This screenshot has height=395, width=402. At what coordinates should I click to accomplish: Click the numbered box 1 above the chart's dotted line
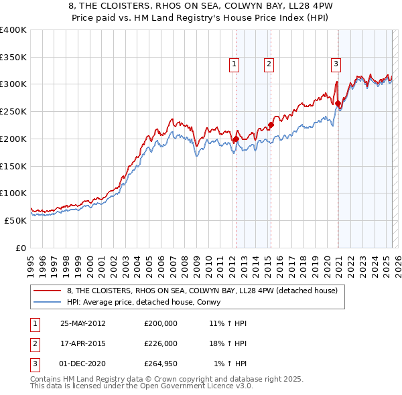click(x=234, y=64)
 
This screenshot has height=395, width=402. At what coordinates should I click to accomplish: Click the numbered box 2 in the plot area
click(x=269, y=64)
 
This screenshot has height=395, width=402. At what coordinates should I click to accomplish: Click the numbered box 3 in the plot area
click(x=336, y=64)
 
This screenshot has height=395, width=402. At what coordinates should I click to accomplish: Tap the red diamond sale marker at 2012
click(x=236, y=139)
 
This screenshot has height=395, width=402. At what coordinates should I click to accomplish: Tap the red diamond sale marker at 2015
click(x=271, y=125)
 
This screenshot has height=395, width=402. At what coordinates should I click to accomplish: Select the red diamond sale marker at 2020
click(x=338, y=104)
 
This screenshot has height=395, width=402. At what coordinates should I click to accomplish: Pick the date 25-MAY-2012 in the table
click(x=82, y=323)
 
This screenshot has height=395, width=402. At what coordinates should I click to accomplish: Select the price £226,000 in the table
click(x=161, y=343)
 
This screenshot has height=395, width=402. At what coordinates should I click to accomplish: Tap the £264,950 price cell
click(x=161, y=364)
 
